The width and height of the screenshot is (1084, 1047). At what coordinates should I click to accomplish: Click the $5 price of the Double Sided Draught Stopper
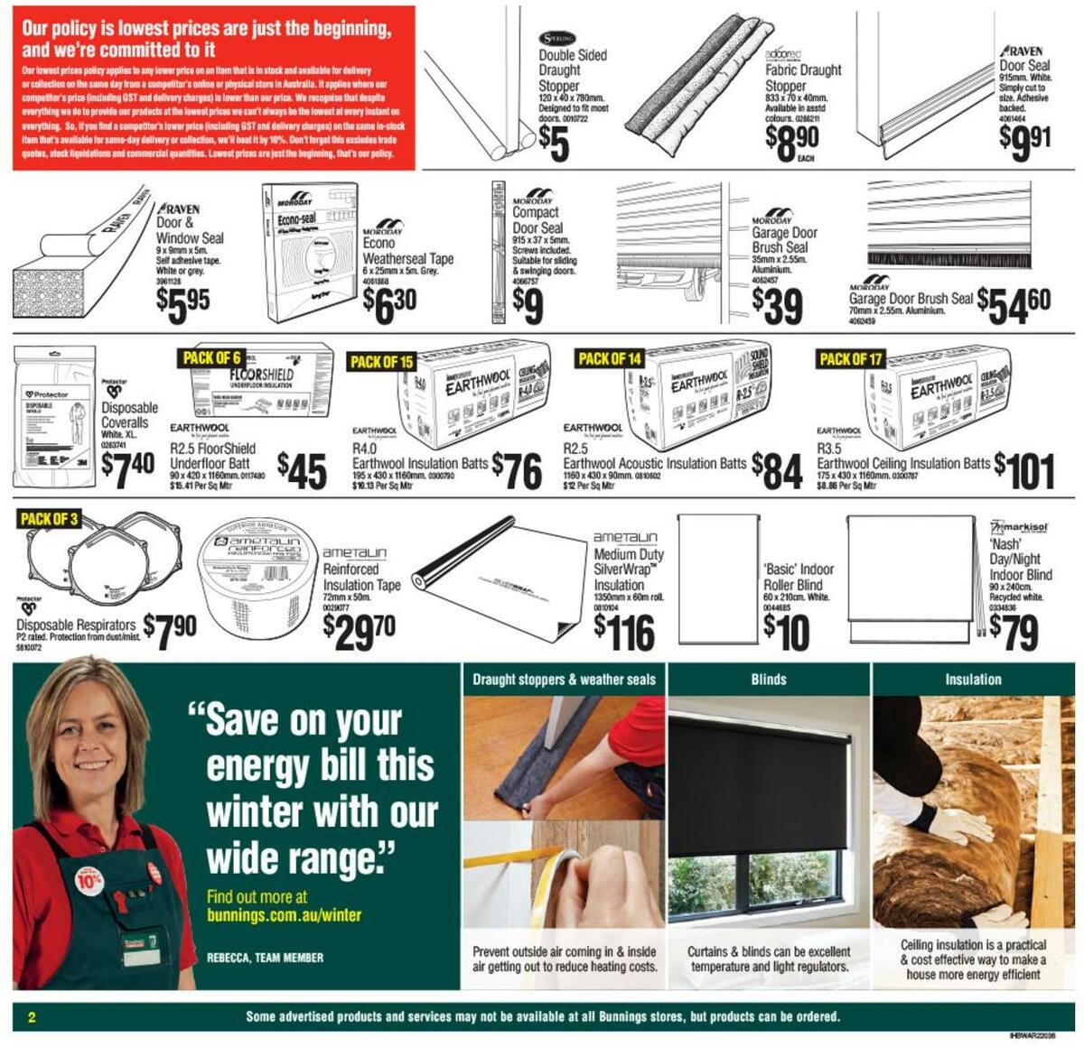[x=554, y=144]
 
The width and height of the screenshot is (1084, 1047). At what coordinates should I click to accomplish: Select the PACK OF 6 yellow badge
[x=211, y=358]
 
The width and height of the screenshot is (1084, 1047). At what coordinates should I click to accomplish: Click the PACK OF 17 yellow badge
[x=849, y=359]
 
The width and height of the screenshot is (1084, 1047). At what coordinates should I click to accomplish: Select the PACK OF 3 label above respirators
[x=49, y=519]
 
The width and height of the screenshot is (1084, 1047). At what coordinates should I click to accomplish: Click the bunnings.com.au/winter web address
[x=284, y=915]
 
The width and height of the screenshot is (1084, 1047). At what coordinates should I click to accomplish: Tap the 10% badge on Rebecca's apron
[x=89, y=879]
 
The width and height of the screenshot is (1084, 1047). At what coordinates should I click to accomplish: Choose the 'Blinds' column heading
[x=769, y=680]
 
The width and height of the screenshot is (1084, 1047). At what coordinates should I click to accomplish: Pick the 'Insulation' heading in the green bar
[x=973, y=680]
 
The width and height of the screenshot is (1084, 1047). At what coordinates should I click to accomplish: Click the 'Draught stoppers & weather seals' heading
[x=564, y=680]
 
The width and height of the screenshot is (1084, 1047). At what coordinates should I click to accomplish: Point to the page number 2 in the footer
[x=33, y=1017]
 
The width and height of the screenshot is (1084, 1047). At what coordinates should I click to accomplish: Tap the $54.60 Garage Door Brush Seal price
[x=1014, y=305]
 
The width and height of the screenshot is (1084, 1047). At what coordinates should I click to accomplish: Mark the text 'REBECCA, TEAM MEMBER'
[x=265, y=958]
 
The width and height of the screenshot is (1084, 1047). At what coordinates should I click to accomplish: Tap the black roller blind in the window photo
[x=759, y=785]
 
